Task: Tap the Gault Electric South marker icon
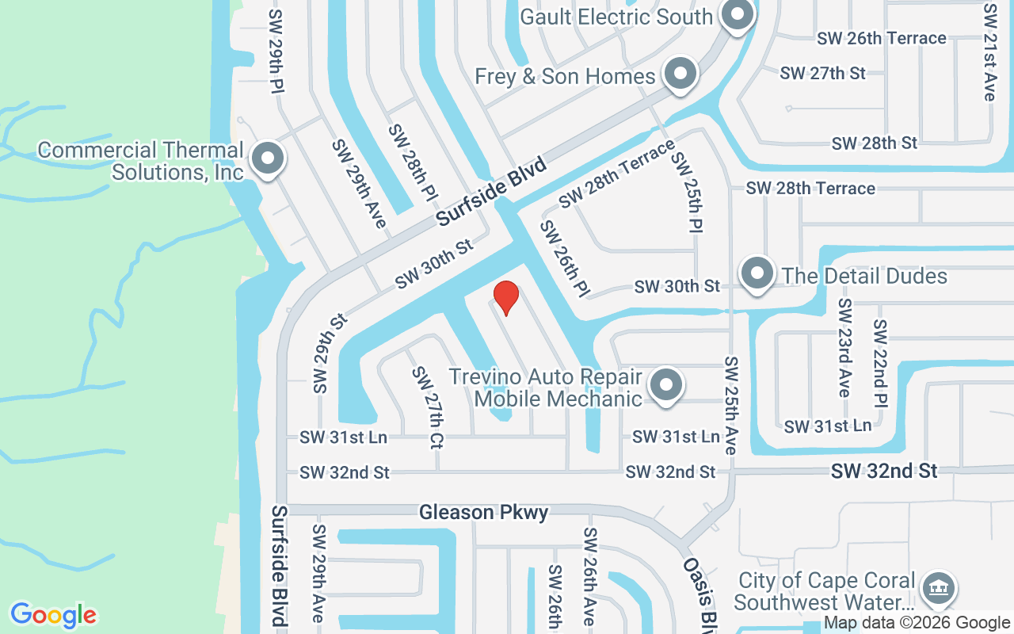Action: [738, 16]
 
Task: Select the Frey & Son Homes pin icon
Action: [679, 74]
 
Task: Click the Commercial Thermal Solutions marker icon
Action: [268, 158]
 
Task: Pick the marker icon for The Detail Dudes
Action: [757, 274]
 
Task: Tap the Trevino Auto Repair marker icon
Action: [666, 386]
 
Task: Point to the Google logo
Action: [54, 615]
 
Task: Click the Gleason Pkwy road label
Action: [483, 513]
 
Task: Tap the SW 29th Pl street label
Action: [276, 52]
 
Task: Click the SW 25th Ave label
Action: [730, 405]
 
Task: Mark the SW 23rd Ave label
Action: [844, 348]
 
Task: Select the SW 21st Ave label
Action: [989, 52]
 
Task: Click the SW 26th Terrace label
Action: [882, 38]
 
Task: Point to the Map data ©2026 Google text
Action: [917, 623]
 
